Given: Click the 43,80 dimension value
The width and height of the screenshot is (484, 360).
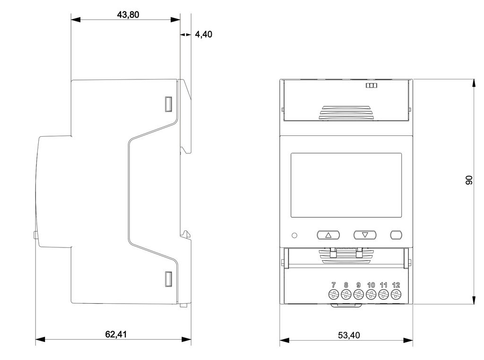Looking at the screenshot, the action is coord(128,15).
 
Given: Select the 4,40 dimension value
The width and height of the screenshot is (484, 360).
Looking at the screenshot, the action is coord(203,34).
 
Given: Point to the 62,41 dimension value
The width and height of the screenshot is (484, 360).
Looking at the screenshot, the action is coord(116,334).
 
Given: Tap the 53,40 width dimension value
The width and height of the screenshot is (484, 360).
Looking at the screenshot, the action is coord(349,335).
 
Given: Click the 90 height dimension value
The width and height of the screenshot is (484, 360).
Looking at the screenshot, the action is coord(469,180).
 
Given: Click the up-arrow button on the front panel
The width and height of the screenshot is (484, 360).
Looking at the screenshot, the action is coord(328,235).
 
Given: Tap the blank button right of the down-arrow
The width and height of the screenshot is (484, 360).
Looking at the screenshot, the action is coord(396,235).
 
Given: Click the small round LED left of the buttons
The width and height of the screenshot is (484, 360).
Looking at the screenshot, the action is coord(294,235).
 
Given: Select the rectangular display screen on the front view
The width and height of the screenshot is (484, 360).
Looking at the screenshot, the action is coord(346,185).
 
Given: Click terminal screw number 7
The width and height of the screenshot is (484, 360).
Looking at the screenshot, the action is coord(333,294).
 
